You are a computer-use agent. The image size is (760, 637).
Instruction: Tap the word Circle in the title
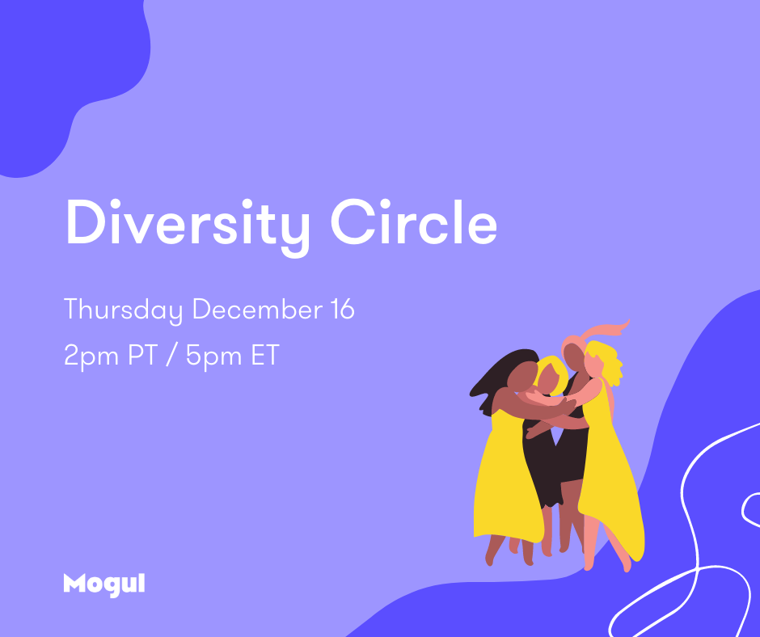[414, 222]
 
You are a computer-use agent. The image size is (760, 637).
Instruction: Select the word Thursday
[123, 310]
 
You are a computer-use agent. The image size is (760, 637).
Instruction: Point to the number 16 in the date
[343, 309]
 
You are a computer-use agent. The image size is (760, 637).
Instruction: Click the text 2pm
[91, 356]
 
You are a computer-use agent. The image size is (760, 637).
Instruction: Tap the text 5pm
[213, 356]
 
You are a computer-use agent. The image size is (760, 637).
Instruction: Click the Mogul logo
[104, 584]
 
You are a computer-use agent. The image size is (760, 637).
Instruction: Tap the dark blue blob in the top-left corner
[63, 73]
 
